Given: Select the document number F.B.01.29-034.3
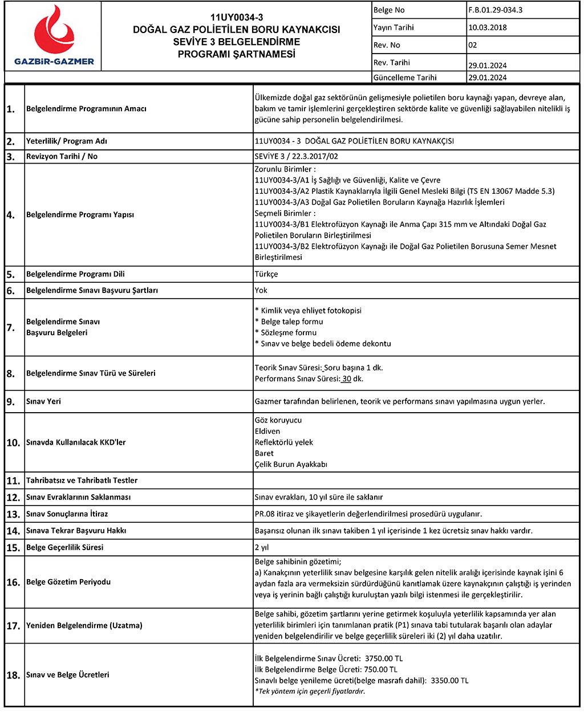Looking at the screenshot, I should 495,10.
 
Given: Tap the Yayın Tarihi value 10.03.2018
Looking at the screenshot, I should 487,27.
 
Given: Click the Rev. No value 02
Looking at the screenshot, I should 472,45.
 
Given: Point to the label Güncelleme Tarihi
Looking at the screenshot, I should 405,78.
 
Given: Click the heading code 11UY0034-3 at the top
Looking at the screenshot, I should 237,18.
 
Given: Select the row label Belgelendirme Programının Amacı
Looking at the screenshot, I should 86,109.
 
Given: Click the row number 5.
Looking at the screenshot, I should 11,275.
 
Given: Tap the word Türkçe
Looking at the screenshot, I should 266,274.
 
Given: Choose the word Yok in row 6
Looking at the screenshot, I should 261,290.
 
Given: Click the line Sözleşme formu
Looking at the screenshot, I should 288,332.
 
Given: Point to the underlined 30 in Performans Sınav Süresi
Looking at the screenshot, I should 347,379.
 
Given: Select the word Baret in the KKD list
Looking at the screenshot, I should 264,453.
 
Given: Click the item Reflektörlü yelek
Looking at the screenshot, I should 284,442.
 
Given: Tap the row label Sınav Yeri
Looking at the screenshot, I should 43,401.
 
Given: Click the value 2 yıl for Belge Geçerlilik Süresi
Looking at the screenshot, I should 262,547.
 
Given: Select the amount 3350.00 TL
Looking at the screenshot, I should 449,681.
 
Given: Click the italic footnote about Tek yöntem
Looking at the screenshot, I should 310,691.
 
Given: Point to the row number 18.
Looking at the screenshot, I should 13,676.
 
